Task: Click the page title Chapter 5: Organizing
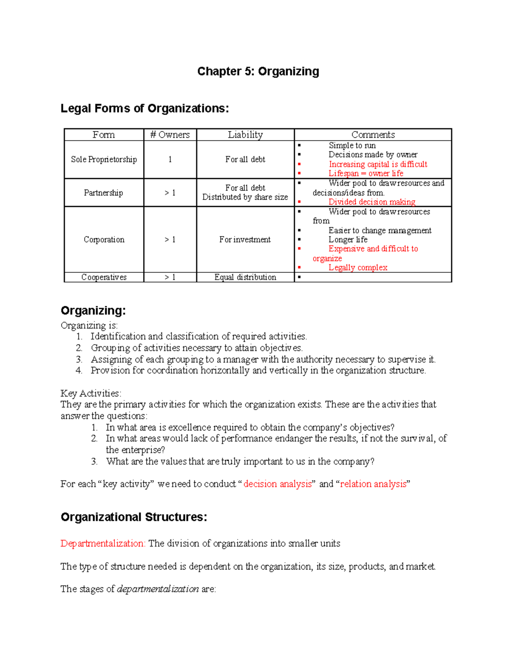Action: (258, 71)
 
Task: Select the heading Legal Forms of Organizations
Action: (144, 108)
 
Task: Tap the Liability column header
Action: (245, 135)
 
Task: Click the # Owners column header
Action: (170, 135)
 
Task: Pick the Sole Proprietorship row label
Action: (104, 160)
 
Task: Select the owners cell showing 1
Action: (170, 160)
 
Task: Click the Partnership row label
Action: (103, 193)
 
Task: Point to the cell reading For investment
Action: (245, 240)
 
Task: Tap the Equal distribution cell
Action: (245, 277)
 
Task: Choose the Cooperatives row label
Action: (104, 277)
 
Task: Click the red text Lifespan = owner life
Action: (365, 173)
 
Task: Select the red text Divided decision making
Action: (372, 202)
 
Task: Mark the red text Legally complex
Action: (358, 268)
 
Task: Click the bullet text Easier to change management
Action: (380, 231)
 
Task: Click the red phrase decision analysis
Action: (277, 484)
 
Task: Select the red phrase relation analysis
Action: (373, 484)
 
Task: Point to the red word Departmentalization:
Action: (103, 543)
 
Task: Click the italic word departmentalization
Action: (158, 589)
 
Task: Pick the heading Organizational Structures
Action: (134, 517)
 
